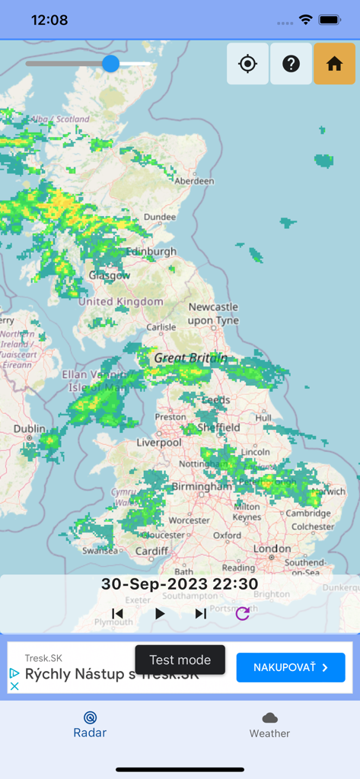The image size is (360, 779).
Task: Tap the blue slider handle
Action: point(110,63)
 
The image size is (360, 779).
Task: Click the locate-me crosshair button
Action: point(247,64)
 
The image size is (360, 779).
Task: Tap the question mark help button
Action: point(291,64)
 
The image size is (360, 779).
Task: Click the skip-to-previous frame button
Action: point(117,614)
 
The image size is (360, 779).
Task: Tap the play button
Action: point(160,614)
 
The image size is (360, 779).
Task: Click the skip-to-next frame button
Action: point(201,614)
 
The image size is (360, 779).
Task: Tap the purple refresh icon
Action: point(242,614)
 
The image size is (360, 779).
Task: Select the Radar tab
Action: point(90,724)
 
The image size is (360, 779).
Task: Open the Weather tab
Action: point(269,724)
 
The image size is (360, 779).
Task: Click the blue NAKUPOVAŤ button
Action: point(290,667)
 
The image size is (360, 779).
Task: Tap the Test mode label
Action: point(180,660)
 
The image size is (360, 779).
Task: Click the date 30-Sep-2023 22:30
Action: point(180,584)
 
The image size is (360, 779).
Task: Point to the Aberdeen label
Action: point(194,182)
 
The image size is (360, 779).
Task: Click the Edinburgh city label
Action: point(151,252)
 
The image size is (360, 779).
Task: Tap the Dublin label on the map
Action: point(29,429)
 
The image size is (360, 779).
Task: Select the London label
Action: point(272,548)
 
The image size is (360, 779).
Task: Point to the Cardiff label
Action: point(152,552)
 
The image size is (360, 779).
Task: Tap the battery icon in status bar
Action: point(329,20)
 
